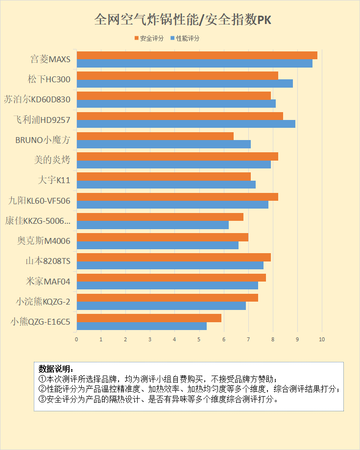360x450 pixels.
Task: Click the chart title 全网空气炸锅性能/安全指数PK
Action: (x=183, y=20)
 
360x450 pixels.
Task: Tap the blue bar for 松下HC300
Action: (x=185, y=83)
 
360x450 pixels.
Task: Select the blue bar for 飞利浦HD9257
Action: (x=186, y=124)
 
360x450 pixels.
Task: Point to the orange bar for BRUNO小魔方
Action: (x=155, y=136)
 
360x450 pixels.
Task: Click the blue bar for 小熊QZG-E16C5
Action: (x=142, y=326)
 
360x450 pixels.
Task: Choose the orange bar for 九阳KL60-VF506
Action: (x=177, y=196)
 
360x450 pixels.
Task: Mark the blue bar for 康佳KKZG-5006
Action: (x=153, y=225)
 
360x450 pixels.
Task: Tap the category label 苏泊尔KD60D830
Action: (x=37, y=99)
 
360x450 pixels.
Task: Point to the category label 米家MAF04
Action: (x=48, y=282)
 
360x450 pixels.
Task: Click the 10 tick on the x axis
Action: (x=322, y=339)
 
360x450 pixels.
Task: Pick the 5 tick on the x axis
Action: (x=199, y=339)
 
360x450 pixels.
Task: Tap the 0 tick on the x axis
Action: (x=77, y=339)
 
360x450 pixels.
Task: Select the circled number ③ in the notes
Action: (x=42, y=399)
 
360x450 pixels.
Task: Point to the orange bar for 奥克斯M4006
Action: (x=163, y=237)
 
